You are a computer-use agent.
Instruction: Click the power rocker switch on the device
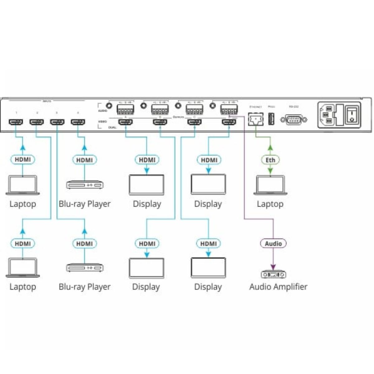(x=352, y=115)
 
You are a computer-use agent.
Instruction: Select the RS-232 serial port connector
(x=294, y=119)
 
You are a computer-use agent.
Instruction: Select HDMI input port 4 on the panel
(x=78, y=122)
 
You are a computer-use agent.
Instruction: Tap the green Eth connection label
(x=270, y=160)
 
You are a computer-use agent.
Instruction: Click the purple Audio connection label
(x=273, y=243)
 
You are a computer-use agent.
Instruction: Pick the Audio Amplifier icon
(x=273, y=274)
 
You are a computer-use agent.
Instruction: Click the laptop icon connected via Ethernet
(x=270, y=186)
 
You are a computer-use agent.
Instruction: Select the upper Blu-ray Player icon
(x=84, y=185)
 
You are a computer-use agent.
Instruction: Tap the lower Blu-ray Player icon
(x=84, y=268)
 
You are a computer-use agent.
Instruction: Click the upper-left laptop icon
(x=22, y=185)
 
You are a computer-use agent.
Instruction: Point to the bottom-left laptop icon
(x=22, y=268)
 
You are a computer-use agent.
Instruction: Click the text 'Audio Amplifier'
(x=278, y=287)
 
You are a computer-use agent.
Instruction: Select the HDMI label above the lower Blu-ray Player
(x=84, y=243)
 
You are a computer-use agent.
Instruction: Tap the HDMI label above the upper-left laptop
(x=22, y=160)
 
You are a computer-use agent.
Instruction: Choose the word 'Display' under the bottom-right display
(x=208, y=287)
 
